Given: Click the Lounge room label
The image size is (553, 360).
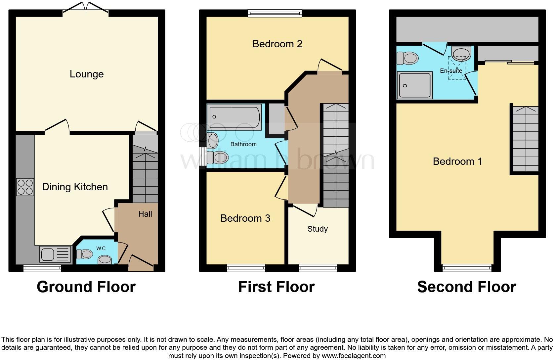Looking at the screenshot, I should [87, 74].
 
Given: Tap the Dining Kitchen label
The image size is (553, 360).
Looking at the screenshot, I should [75, 187].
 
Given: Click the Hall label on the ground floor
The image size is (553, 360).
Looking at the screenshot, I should [145, 214].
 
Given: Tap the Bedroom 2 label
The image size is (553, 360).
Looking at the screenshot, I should [277, 44].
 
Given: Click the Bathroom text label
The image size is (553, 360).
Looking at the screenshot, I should [243, 144].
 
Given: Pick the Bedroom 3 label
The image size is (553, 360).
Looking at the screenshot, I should [245, 218].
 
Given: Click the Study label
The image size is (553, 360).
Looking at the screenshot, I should [318, 229].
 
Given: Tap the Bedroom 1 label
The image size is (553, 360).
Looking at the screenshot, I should [457, 161].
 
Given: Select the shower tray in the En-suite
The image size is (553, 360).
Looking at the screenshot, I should [415, 85].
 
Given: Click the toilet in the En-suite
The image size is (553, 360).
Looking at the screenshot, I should [408, 58].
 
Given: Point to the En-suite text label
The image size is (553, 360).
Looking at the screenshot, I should [451, 70].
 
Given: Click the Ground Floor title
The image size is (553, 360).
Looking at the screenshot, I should [86, 287].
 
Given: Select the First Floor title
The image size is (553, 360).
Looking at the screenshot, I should [276, 287].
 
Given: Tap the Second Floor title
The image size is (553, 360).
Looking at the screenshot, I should [466, 287].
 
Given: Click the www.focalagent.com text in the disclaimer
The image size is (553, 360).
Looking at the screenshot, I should [354, 356].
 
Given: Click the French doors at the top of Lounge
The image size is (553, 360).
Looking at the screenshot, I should [86, 9].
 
